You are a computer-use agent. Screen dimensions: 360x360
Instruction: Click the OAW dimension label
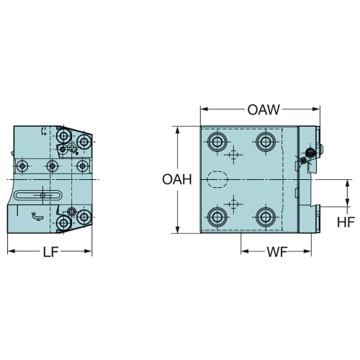point(264,109)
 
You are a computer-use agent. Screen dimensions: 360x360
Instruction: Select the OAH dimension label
point(177,179)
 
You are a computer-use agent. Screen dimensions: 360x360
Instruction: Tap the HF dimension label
point(346,222)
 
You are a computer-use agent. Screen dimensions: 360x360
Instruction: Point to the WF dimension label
point(276,252)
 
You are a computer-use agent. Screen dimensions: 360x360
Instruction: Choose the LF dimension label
point(50,252)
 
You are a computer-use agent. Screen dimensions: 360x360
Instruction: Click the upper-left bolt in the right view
point(217,142)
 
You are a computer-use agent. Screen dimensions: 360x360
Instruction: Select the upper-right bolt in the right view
point(265,142)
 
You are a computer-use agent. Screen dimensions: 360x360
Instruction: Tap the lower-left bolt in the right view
point(217,217)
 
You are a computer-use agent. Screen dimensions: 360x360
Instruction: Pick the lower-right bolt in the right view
point(265,217)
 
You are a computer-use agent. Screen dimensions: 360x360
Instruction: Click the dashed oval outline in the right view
point(217,171)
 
